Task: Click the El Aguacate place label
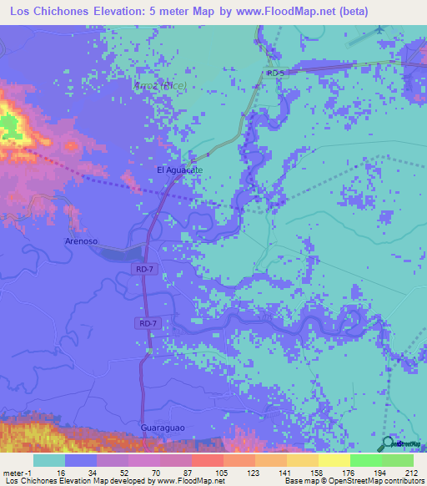point(179,170)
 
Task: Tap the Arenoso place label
point(82,240)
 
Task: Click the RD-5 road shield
point(276,73)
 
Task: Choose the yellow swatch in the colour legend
point(334,460)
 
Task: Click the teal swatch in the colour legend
point(48,460)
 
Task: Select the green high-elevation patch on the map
point(8,127)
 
